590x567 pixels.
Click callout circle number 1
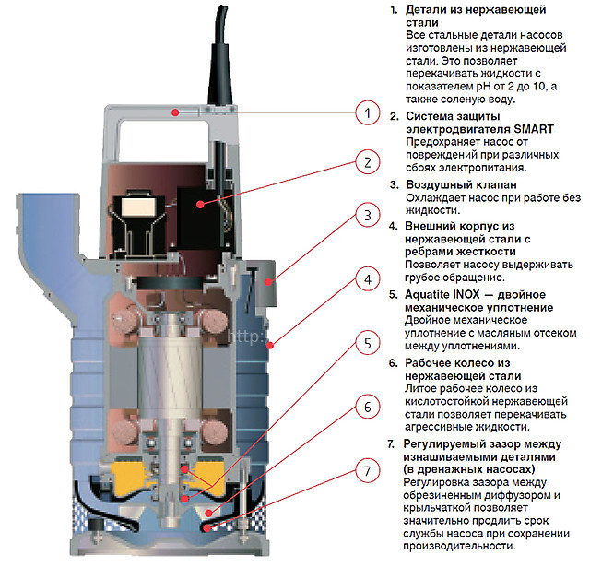pyautogui.click(x=368, y=113)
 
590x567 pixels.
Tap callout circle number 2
pyautogui.click(x=368, y=164)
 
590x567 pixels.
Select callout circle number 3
pyautogui.click(x=368, y=216)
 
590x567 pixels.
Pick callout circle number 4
pyautogui.click(x=368, y=279)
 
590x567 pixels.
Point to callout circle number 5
pyautogui.click(x=368, y=344)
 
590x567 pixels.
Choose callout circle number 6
pyautogui.click(x=368, y=407)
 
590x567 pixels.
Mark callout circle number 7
pyautogui.click(x=368, y=471)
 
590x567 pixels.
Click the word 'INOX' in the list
pyautogui.click(x=476, y=293)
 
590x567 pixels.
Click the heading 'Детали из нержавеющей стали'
pyautogui.click(x=451, y=16)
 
